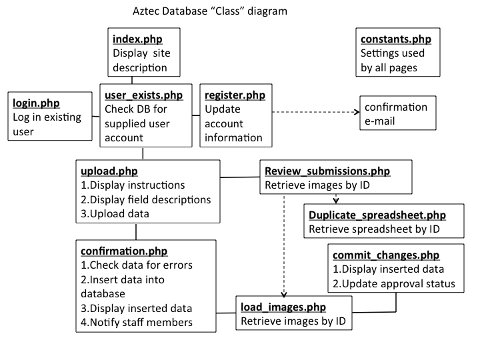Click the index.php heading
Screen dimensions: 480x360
pos(137,39)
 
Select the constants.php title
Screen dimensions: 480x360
pos(396,39)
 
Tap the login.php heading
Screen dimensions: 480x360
pos(36,103)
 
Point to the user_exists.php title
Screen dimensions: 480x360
pos(143,95)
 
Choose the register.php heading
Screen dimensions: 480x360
pos(235,95)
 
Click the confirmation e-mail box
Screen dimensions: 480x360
pos(397,113)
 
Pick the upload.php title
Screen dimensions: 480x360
pos(109,171)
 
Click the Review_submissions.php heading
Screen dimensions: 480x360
pos(327,171)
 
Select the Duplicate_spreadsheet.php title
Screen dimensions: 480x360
pos(377,215)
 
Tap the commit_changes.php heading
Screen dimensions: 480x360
pos(386,255)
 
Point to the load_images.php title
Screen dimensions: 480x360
pos(283,307)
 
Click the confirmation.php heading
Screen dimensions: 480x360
pos(124,251)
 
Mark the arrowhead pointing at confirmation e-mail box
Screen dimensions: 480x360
pos(357,112)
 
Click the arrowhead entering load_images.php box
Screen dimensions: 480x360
pos(284,294)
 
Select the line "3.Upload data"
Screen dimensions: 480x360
pos(115,214)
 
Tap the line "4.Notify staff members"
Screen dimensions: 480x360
pos(137,323)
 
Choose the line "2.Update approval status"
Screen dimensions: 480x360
pos(394,284)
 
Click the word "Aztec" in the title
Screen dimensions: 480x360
pos(146,11)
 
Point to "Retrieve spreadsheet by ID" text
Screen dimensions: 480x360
pos(374,229)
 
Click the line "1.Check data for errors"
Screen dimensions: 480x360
pos(137,265)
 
